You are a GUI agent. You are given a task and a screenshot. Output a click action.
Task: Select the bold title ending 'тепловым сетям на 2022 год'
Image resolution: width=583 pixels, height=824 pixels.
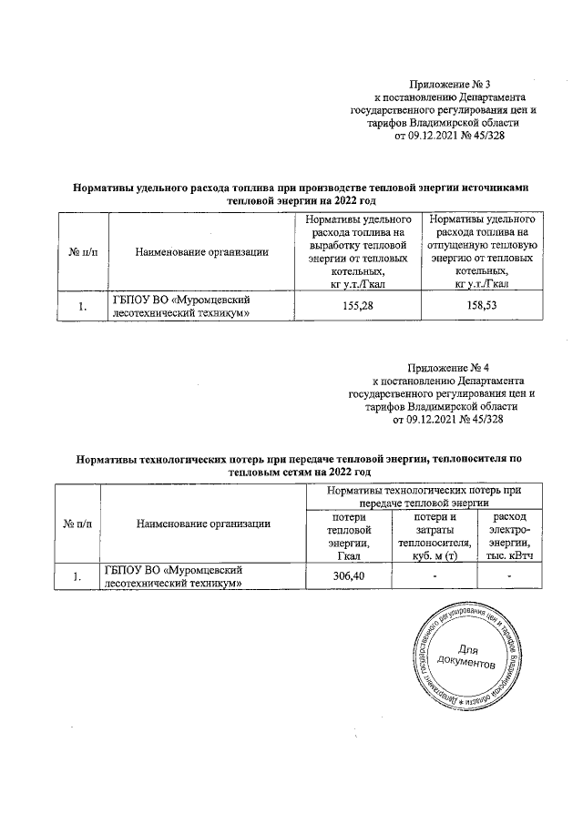[300, 467]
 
